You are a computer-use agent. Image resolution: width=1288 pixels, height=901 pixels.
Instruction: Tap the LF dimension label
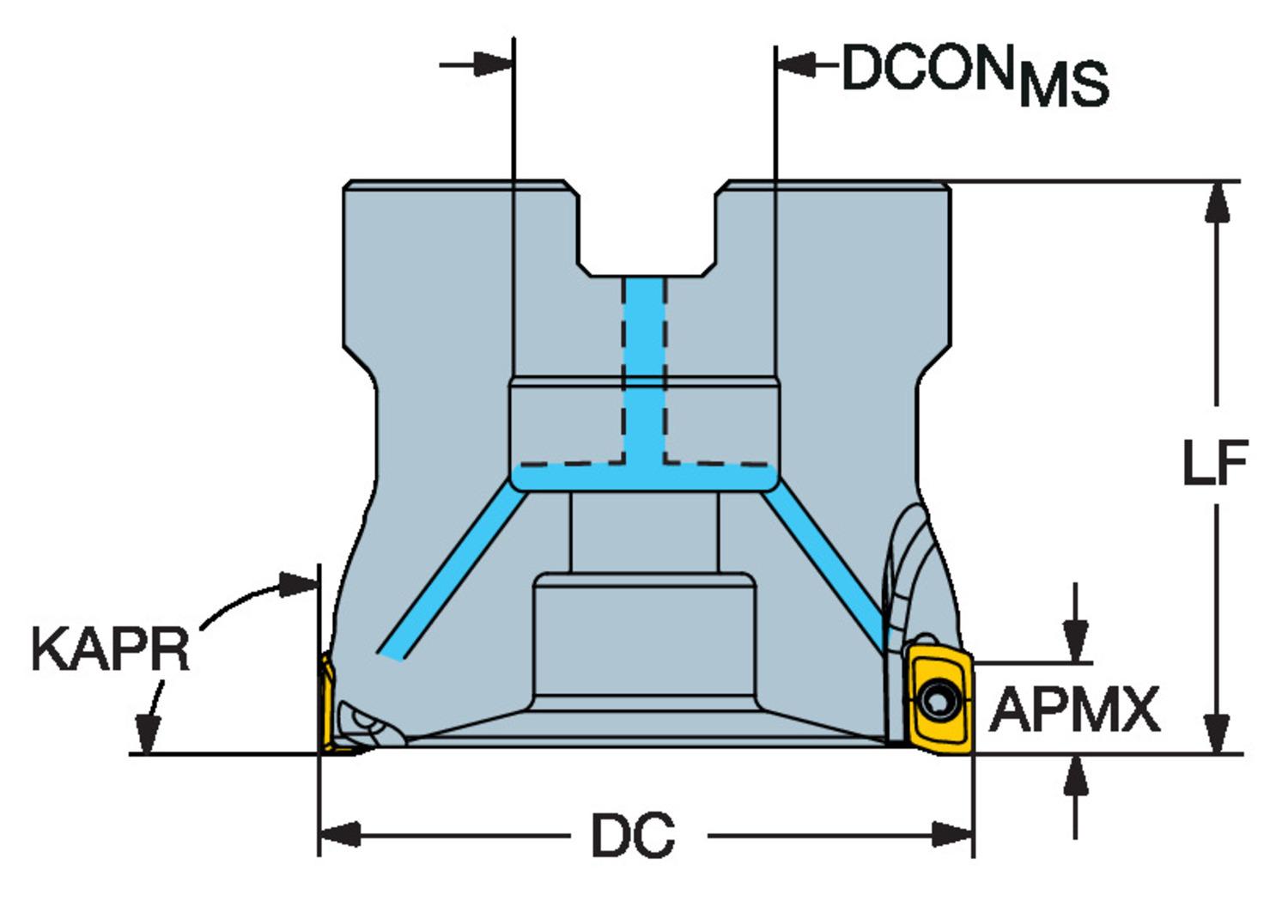[1214, 463]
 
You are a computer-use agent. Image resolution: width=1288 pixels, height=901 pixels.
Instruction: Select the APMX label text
[1074, 710]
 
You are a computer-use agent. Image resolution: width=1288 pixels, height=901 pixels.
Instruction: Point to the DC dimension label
[633, 835]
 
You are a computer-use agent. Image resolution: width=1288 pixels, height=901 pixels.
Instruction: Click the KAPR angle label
[110, 650]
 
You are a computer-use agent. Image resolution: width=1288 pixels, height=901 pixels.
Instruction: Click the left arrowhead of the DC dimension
[337, 833]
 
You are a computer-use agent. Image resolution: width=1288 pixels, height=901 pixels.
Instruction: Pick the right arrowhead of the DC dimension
[955, 833]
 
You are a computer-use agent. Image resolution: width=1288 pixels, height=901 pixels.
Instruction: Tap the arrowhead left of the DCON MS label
[794, 64]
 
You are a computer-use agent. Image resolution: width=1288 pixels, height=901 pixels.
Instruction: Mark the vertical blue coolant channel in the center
[644, 369]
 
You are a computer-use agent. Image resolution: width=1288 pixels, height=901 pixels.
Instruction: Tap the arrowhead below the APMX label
[1075, 776]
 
